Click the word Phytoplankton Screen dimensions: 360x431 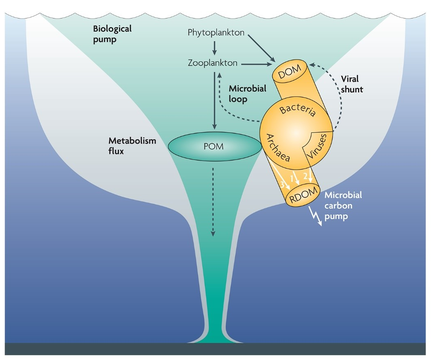pos(216,32)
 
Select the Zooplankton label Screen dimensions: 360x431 pos(213,63)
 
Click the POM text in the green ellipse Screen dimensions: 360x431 pos(214,146)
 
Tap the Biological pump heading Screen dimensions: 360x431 pos(106,34)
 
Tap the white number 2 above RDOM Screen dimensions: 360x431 pos(306,176)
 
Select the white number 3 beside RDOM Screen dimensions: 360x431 pos(282,185)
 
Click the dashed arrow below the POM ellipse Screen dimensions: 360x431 pos(213,201)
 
